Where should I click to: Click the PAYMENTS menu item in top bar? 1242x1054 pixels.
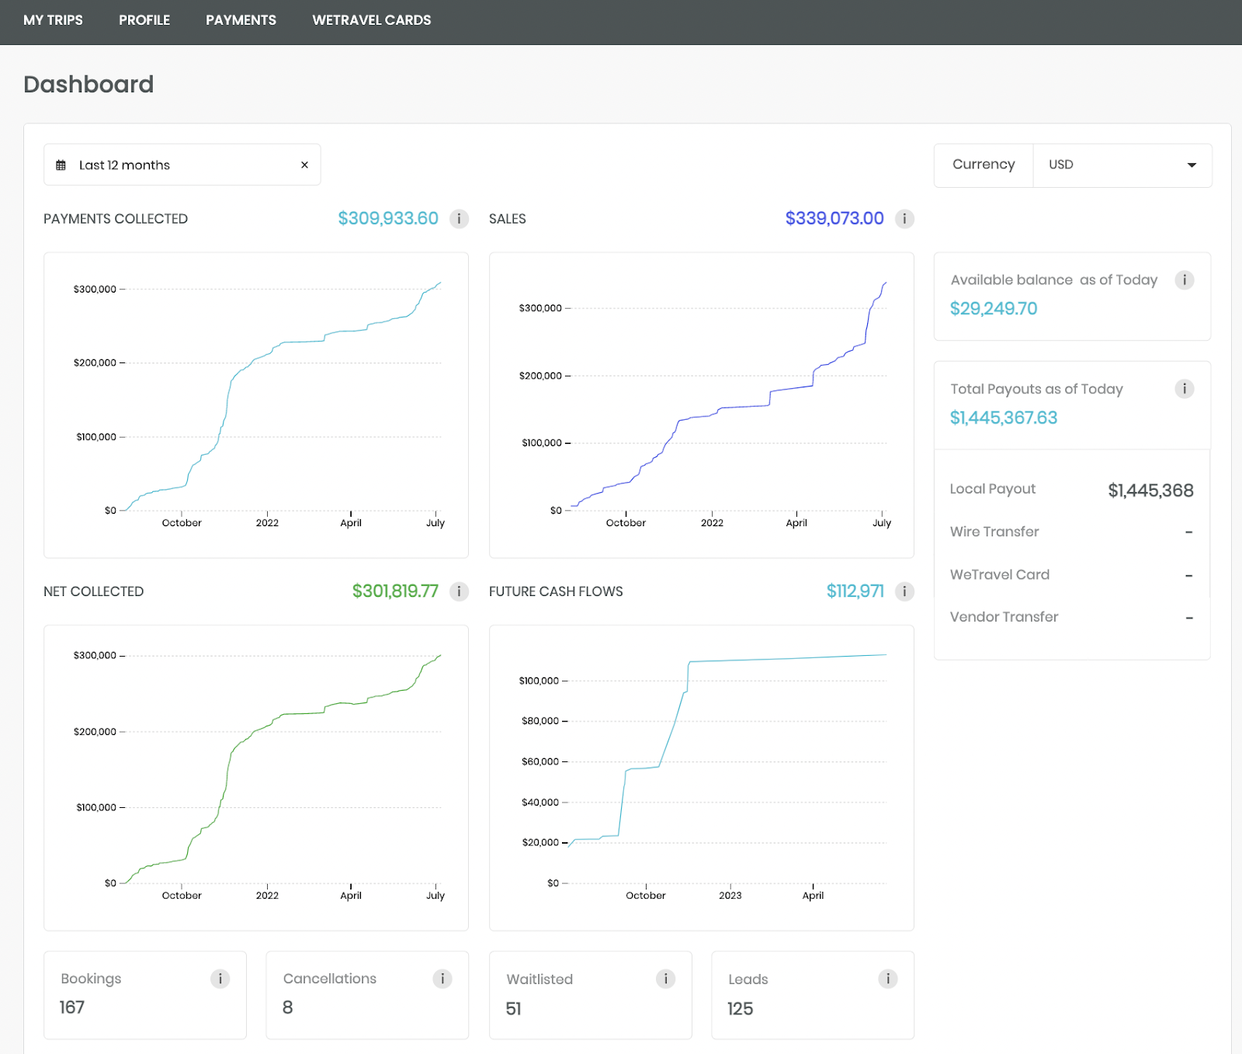tap(241, 20)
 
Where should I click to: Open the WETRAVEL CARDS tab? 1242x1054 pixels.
tap(371, 20)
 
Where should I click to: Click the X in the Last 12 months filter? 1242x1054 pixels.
tap(304, 165)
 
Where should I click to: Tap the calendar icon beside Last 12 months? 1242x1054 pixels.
tap(61, 165)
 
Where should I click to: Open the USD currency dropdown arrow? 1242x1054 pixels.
tap(1191, 165)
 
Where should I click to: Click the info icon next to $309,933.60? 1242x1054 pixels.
tap(459, 219)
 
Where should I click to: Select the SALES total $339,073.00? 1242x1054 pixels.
tap(834, 219)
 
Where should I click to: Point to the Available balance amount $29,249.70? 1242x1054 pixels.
tap(993, 309)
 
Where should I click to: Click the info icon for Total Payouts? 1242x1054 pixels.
tap(1184, 389)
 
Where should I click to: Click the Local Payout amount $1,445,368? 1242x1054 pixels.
tap(1150, 491)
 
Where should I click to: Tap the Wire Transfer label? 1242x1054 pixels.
tap(994, 532)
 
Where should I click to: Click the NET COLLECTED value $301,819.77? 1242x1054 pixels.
tap(394, 591)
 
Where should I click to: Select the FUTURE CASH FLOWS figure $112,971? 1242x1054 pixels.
tap(855, 591)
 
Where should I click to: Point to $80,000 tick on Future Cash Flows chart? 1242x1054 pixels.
tap(540, 721)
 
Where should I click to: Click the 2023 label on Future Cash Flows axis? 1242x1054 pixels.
tap(730, 896)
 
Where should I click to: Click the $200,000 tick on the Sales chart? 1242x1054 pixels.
tap(540, 376)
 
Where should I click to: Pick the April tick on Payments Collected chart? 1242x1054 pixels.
tap(351, 523)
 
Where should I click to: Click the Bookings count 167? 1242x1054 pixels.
tap(72, 1007)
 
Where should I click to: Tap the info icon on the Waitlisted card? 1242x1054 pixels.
tap(665, 979)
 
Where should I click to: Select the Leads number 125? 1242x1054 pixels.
tap(740, 1009)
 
